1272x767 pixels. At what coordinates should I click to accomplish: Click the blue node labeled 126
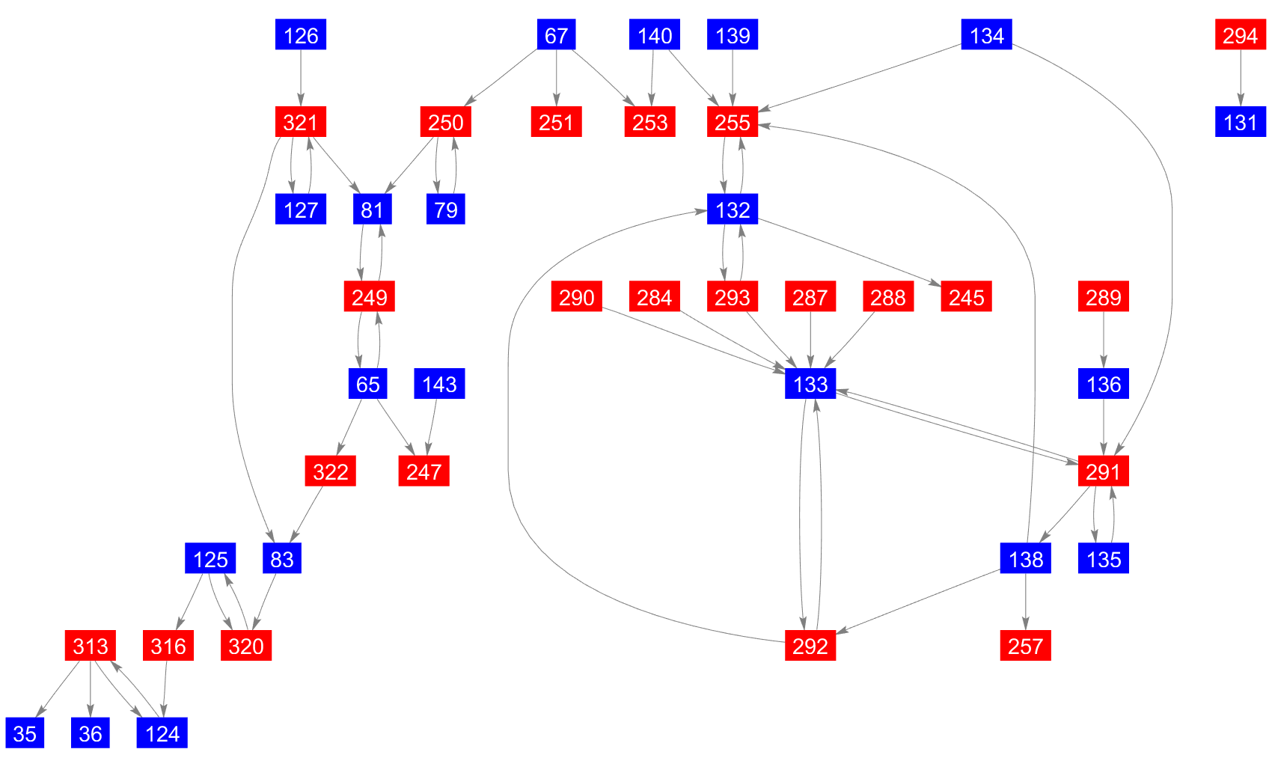coord(301,35)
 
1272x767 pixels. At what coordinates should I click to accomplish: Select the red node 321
coord(301,122)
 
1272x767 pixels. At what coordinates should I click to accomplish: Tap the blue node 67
coord(556,35)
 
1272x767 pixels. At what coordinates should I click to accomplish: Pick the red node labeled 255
coord(733,122)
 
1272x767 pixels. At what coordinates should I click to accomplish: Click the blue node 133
coord(810,384)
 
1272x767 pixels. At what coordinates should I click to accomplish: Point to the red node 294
coord(1241,35)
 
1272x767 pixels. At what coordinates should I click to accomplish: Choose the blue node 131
coord(1241,122)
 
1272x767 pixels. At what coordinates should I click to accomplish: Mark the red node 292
coord(810,646)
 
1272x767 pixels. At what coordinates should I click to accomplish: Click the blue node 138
coord(1025,559)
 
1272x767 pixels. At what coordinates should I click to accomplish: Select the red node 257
coord(1025,646)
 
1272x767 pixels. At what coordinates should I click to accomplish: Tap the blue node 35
coord(25,733)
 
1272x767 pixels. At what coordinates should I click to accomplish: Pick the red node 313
coord(91,646)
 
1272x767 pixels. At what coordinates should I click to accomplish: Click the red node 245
coord(966,297)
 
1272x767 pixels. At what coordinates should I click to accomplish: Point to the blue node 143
coord(439,384)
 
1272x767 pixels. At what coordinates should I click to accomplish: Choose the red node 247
coord(424,471)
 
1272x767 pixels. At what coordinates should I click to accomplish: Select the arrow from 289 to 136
coord(1104,340)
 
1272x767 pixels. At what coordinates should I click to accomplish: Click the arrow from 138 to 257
coord(1025,602)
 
